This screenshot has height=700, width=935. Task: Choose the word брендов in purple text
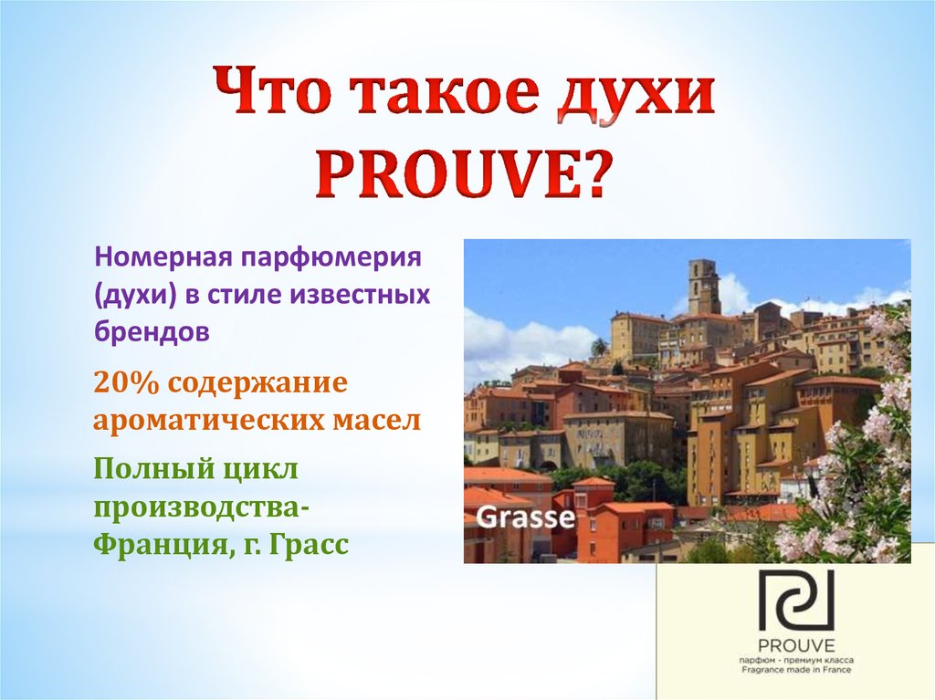[152, 331]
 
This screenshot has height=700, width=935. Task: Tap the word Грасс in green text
[307, 546]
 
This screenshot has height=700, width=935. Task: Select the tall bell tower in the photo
[703, 286]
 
